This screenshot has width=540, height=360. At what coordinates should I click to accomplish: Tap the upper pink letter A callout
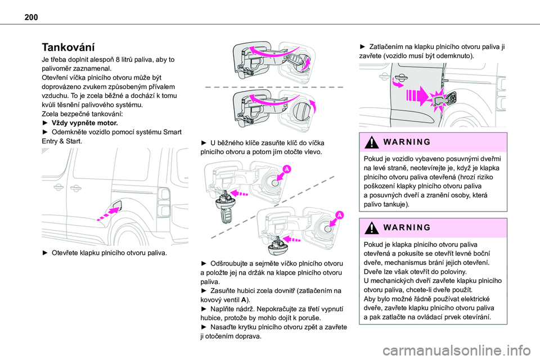pyautogui.click(x=286, y=169)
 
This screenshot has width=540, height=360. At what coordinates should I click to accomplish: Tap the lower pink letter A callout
pyautogui.click(x=340, y=215)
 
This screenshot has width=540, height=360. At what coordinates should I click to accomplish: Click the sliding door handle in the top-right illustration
pyautogui.click(x=403, y=78)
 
